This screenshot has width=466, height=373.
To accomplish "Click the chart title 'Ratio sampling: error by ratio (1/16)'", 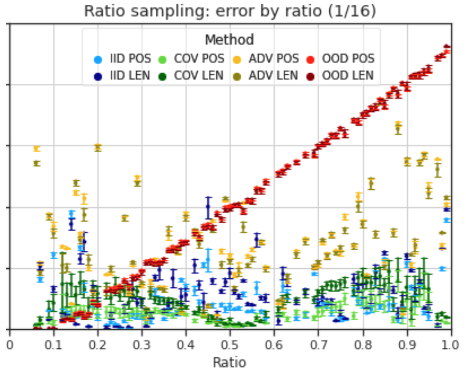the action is [230, 11].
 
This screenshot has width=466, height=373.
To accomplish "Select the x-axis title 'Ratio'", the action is [230, 363].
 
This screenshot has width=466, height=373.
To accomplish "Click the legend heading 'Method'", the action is [230, 39].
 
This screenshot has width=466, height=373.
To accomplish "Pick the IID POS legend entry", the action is [122, 59].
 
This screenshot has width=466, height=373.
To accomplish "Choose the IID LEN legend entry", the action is [122, 76].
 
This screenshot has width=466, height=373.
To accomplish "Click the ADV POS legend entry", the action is [266, 59].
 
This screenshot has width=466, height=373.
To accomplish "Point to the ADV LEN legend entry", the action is [265, 76].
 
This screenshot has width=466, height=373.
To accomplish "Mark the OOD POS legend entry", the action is [341, 59].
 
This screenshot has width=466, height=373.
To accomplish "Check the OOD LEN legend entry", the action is [340, 76].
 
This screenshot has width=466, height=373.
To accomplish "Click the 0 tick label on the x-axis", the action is [10, 345].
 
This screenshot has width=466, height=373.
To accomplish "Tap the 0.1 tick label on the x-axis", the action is [53, 345].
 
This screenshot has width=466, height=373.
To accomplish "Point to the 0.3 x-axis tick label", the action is [142, 345].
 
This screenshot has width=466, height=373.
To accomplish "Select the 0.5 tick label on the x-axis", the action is [230, 345].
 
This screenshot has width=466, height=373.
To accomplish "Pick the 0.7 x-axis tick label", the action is [318, 345].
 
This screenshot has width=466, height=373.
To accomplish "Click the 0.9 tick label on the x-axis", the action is [406, 345].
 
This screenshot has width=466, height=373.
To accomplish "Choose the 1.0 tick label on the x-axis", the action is [451, 345].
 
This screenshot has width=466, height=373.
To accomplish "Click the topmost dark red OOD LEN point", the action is [446, 47].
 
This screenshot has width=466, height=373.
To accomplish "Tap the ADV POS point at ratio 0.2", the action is [98, 146].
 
